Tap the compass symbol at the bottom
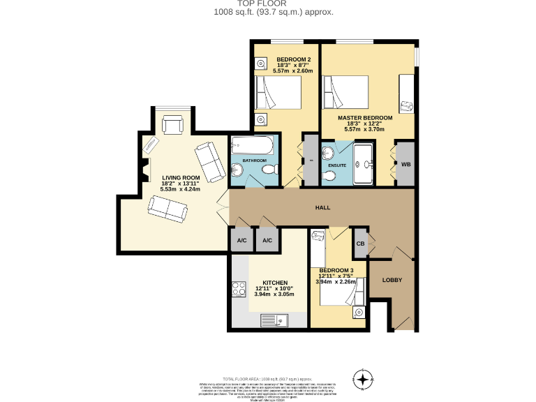coord(363,380)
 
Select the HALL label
coord(322,208)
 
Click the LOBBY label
coord(392,280)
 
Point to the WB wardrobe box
coord(405,164)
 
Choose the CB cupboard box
coord(360,243)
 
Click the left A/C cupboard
coord(242,240)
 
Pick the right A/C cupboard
coord(267,240)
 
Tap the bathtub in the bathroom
coord(254,145)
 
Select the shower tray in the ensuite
coord(364,164)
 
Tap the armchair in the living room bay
coord(172,125)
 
